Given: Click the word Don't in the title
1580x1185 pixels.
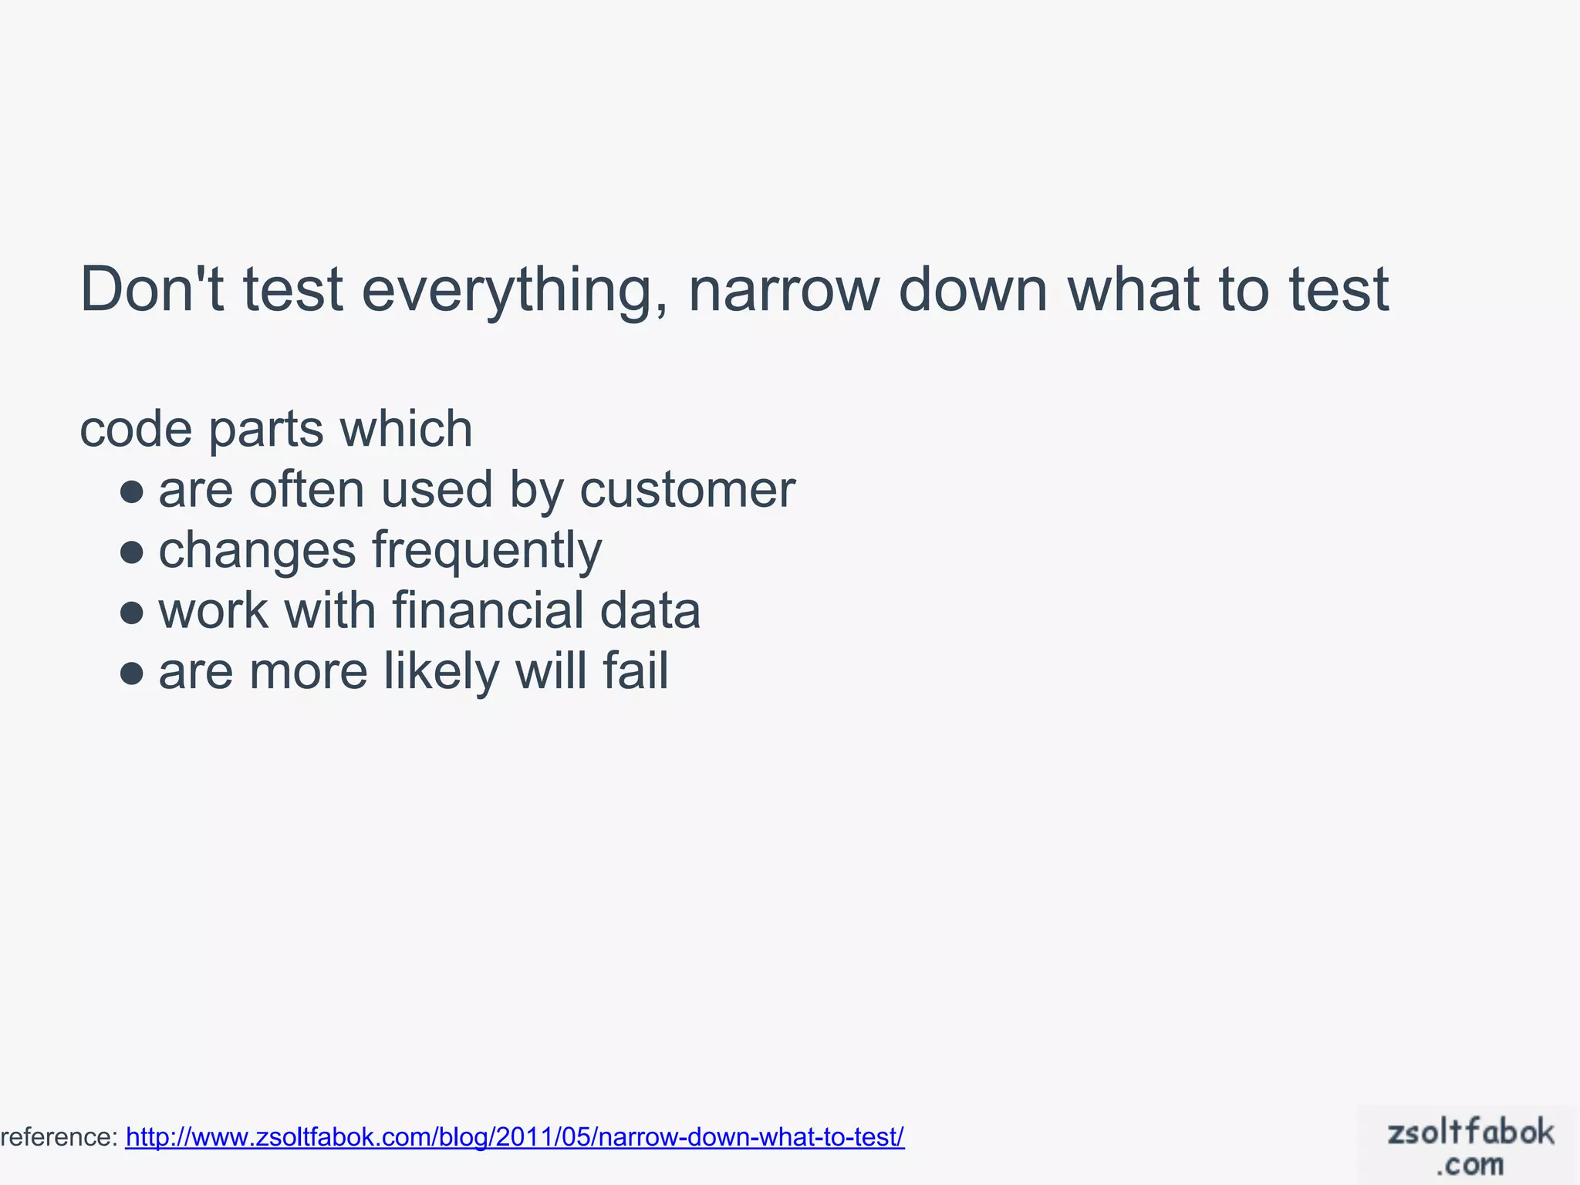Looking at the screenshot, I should coord(151,289).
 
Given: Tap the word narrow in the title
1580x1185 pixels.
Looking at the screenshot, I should coord(783,291).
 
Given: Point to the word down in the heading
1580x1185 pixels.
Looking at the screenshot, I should coord(973,289).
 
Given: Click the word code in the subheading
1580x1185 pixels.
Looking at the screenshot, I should coord(136,429).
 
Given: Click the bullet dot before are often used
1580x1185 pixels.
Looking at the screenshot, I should coord(132,491).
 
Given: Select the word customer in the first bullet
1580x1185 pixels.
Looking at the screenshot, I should coord(687,491).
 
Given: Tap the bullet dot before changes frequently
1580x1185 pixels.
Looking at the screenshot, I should coord(132,552).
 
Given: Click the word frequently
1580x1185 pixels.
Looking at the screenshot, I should coord(487,552).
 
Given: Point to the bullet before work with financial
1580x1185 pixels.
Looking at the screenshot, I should coord(132,612).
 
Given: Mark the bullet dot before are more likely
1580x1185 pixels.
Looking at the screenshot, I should coord(132,673).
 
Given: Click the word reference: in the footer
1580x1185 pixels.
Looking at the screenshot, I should coord(59,1137).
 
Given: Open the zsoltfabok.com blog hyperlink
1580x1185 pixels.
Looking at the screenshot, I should coord(515,1137).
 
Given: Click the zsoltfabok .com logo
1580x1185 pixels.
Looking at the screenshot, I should coord(1470,1146).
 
